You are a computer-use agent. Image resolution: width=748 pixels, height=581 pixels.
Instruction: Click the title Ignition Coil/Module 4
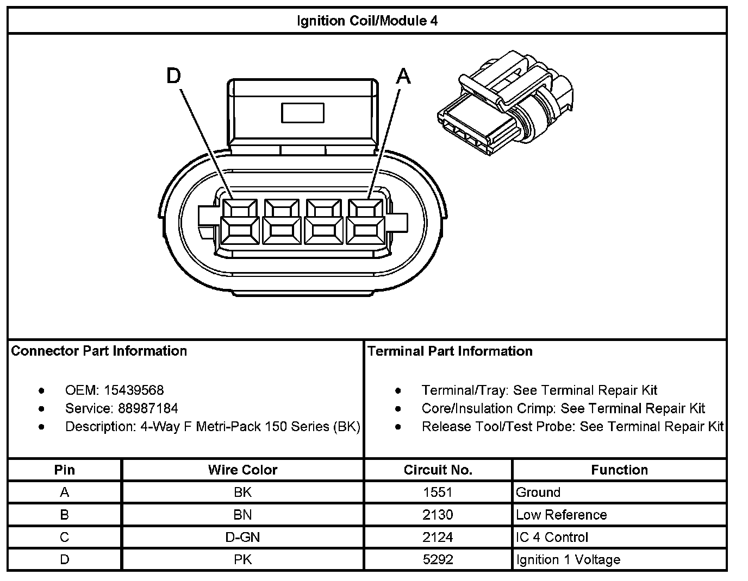pyautogui.click(x=367, y=21)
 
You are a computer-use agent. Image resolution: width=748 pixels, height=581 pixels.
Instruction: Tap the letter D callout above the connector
pyautogui.click(x=173, y=77)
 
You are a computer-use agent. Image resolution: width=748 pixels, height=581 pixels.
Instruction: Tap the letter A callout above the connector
pyautogui.click(x=403, y=77)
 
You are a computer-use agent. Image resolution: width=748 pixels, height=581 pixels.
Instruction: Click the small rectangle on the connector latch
pyautogui.click(x=302, y=112)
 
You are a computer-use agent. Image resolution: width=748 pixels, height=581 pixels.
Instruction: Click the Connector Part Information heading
pyautogui.click(x=99, y=351)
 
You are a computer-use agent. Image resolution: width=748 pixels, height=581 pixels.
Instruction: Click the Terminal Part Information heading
pyautogui.click(x=450, y=351)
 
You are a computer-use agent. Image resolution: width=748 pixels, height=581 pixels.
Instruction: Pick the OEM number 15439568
pyautogui.click(x=133, y=390)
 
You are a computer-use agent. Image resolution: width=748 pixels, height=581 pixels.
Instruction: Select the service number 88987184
pyautogui.click(x=148, y=408)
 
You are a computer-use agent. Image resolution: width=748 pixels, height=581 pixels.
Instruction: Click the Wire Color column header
pyautogui.click(x=242, y=470)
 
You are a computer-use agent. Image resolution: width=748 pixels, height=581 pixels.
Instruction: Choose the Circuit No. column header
pyautogui.click(x=438, y=470)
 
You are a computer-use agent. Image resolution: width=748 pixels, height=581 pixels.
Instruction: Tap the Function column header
pyautogui.click(x=619, y=470)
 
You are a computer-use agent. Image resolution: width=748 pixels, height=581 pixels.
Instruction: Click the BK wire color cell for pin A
pyautogui.click(x=242, y=492)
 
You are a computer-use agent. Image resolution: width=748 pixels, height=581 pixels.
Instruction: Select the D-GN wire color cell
pyautogui.click(x=242, y=537)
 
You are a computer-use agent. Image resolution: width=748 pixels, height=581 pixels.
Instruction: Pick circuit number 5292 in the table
pyautogui.click(x=438, y=559)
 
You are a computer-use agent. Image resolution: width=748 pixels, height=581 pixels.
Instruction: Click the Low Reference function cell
pyautogui.click(x=561, y=515)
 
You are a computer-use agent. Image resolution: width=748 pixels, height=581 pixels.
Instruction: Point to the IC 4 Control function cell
pyautogui.click(x=552, y=537)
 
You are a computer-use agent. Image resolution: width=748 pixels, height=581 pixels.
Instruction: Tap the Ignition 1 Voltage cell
pyautogui.click(x=568, y=559)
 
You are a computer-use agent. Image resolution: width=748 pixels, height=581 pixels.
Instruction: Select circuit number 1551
pyautogui.click(x=438, y=492)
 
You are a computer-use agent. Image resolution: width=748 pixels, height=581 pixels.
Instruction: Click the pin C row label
pyautogui.click(x=65, y=537)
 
